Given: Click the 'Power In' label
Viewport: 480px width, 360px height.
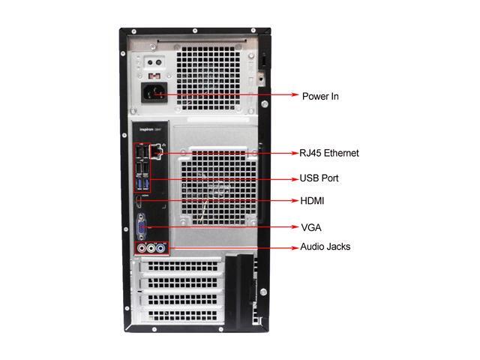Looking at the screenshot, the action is (320, 96).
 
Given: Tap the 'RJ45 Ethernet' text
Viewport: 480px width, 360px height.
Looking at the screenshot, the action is (329, 153).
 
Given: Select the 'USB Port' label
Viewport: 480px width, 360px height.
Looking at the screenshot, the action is (319, 178).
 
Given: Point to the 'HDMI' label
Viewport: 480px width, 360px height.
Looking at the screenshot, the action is (313, 201).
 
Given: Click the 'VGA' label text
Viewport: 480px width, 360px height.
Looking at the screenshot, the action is (311, 226).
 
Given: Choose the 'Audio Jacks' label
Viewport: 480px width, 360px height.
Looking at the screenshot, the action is (325, 247).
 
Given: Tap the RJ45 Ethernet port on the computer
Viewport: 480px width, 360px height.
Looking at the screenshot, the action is (156, 152).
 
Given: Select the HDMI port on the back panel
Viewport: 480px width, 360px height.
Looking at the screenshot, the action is (139, 201).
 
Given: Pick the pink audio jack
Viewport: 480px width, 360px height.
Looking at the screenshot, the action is (139, 247).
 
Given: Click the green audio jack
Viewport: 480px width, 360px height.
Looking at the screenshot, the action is (151, 247).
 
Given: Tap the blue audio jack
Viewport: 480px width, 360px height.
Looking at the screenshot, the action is (162, 247).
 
